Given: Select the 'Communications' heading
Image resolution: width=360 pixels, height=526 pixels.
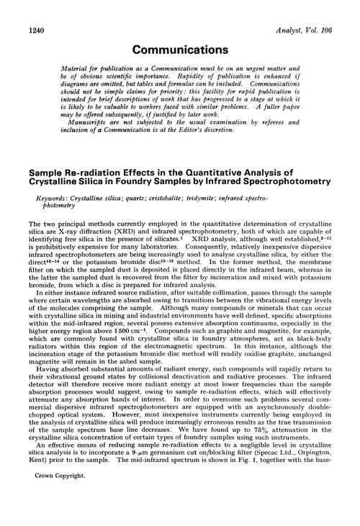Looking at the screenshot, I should pos(179,31).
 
